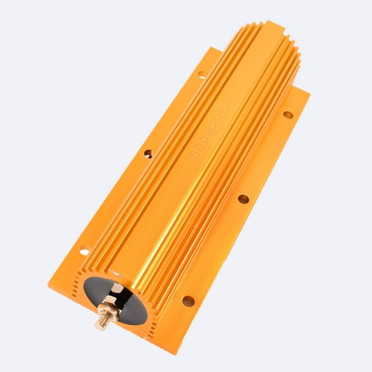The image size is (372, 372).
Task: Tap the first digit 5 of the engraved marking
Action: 195,156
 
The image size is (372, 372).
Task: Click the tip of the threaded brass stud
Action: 99,325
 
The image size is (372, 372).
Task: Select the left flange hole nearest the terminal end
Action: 83,250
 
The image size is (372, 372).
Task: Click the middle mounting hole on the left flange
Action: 148,154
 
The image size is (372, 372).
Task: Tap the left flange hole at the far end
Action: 201,76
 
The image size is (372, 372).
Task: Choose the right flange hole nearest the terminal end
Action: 188,300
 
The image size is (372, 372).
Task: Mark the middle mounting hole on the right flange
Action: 243,199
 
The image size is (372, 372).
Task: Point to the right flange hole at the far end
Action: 287,115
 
